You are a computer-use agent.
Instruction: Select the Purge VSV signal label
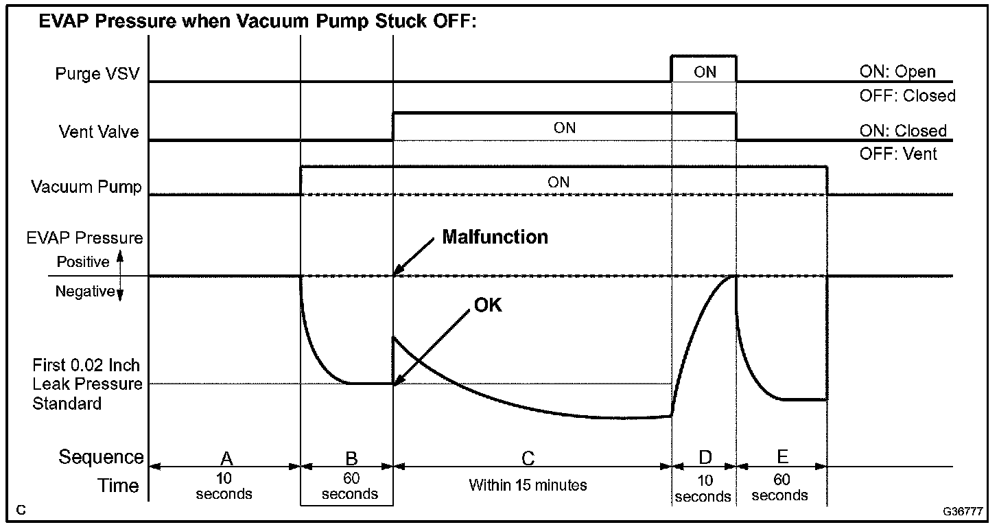pos(97,73)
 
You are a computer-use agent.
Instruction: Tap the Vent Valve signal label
pos(98,131)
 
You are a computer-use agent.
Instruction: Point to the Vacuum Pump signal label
pos(86,187)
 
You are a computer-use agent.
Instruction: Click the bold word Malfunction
pos(495,237)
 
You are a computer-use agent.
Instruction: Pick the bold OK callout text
pos(488,305)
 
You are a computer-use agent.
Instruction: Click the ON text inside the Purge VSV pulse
pos(705,72)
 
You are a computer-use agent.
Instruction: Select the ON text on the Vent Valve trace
pos(565,128)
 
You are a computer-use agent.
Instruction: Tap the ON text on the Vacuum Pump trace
pos(559,183)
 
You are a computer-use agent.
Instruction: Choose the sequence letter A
pos(224,458)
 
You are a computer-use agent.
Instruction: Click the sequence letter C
pos(528,458)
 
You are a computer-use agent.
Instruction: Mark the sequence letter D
pos(705,458)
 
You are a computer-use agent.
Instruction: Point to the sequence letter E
pos(783,456)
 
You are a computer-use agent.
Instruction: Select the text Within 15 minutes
pos(528,485)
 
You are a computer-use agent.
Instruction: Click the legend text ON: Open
pos(897,72)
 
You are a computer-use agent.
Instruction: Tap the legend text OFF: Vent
pos(898,154)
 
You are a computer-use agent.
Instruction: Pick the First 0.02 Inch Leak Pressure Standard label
pos(87,384)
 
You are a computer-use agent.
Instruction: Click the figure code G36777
pos(963,512)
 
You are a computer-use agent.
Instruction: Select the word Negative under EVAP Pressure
pos(84,292)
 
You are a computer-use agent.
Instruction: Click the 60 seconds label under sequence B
pos(349,487)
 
